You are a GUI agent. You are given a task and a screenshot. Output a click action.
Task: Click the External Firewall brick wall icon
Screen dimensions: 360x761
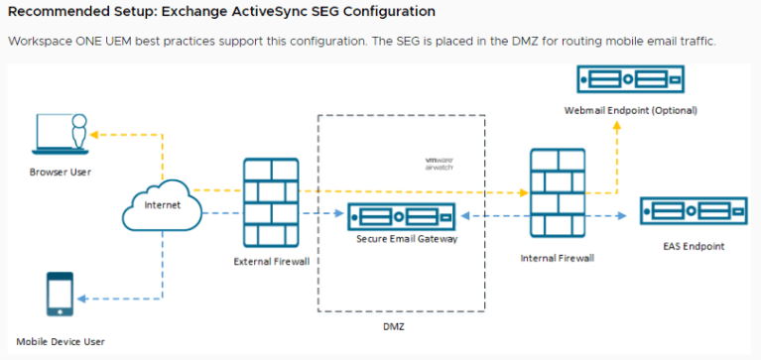(271, 204)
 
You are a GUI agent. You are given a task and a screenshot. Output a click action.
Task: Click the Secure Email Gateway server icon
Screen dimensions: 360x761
(401, 215)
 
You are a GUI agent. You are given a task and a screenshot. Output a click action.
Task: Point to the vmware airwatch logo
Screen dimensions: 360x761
(439, 163)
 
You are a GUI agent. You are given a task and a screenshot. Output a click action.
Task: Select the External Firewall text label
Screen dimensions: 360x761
(271, 262)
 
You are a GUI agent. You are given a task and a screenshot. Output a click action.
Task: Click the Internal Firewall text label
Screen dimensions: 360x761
(557, 258)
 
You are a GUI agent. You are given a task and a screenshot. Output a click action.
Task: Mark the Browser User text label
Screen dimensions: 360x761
(61, 172)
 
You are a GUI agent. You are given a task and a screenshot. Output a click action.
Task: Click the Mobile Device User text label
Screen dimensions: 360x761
(61, 341)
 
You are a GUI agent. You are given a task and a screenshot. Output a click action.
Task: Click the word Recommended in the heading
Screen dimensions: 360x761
(58, 12)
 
